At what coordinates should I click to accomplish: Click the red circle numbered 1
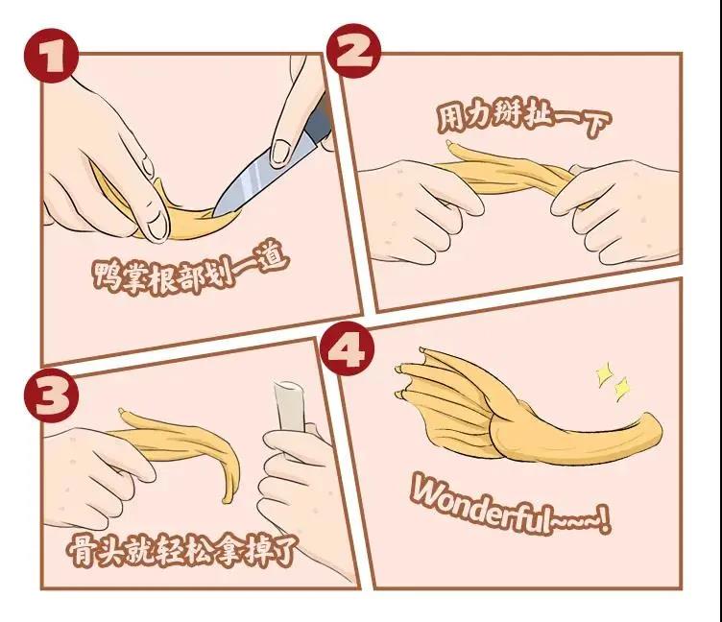[51, 56]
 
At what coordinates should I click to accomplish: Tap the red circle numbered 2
[353, 51]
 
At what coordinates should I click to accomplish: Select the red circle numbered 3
[51, 395]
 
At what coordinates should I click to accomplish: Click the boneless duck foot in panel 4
[525, 410]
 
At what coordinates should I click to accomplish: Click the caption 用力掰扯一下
[523, 116]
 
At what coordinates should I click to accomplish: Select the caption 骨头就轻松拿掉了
[181, 549]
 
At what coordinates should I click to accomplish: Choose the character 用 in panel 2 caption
[450, 117]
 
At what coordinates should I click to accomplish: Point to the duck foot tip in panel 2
[449, 144]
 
